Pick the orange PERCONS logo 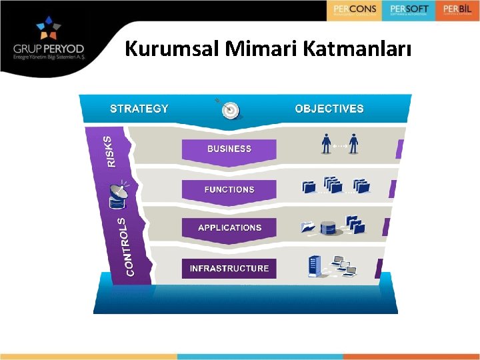point(355,10)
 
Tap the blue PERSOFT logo point(408,10)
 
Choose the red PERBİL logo point(457,10)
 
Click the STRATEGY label point(139,108)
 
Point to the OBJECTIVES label point(329,108)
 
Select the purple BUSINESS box point(229,149)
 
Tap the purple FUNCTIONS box point(229,189)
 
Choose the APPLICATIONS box point(229,227)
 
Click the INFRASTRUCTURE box point(229,268)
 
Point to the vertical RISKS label point(109,151)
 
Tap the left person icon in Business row point(326,143)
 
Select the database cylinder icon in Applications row point(328,227)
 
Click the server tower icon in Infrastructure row point(313,266)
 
